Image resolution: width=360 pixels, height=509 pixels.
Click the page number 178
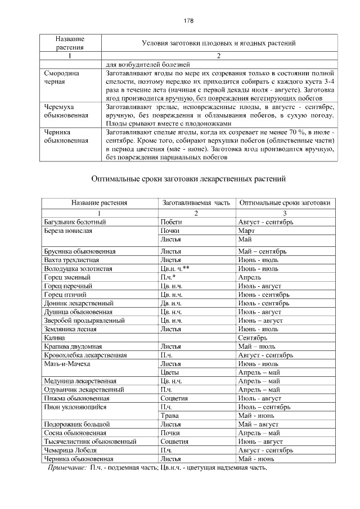[188, 21]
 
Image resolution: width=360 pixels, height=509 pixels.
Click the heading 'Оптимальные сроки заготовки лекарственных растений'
[189, 179]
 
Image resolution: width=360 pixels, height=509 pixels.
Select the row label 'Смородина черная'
[62, 77]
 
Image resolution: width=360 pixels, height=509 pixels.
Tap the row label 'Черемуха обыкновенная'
[66, 111]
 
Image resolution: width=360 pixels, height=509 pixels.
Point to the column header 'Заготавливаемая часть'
[196, 202]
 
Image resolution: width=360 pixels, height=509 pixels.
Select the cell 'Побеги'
[170, 222]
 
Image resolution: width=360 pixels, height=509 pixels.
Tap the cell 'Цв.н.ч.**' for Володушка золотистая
[174, 269]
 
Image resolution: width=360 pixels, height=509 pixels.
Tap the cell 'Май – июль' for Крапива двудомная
[256, 346]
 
